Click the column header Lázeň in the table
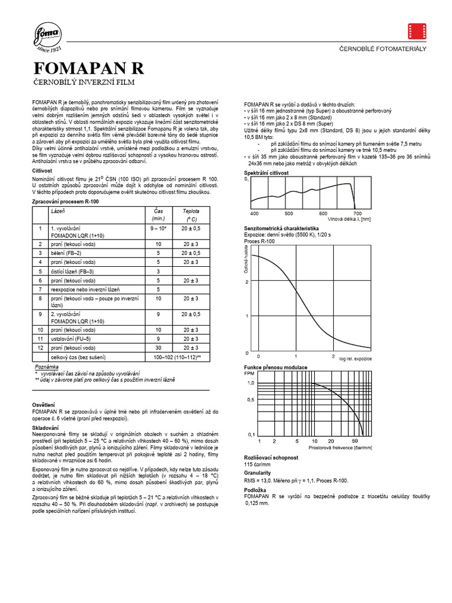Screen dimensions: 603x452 click(x=58, y=210)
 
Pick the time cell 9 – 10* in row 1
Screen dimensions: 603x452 click(x=158, y=227)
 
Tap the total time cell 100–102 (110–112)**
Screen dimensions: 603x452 click(x=177, y=357)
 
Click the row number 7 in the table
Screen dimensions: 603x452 click(x=40, y=290)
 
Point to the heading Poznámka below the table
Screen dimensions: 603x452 click(x=46, y=366)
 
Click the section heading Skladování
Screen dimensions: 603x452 click(x=45, y=427)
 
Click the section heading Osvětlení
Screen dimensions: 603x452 click(x=44, y=405)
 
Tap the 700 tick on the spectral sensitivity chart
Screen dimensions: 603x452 click(x=357, y=213)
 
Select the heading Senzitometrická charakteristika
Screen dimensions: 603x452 click(x=281, y=228)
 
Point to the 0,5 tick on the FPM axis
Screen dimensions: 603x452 click(x=250, y=399)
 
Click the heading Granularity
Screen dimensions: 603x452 click(x=257, y=472)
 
